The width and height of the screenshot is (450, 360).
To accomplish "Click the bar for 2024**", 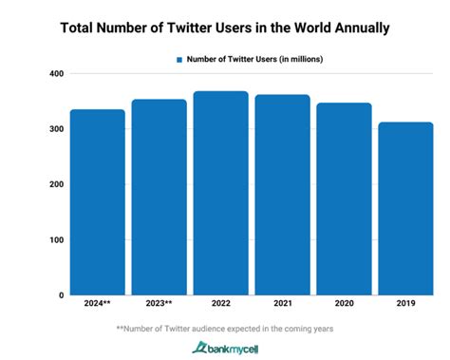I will click(x=97, y=202).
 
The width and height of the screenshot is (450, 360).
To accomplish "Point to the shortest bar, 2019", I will click(x=405, y=208).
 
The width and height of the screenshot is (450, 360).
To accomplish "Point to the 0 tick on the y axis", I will click(x=60, y=294).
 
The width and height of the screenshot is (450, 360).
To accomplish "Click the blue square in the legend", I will click(x=178, y=59).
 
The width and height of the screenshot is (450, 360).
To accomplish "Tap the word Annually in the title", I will click(x=354, y=28).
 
